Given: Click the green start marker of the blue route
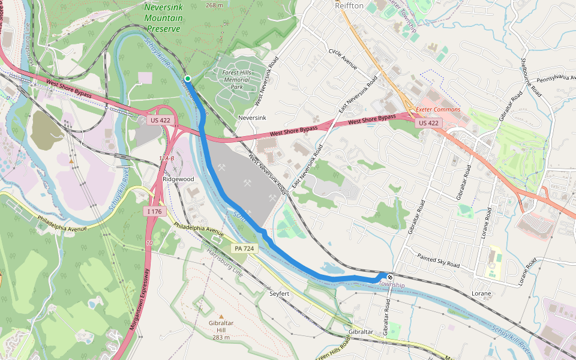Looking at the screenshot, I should pos(188,79).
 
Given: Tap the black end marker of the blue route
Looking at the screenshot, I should pos(389,277).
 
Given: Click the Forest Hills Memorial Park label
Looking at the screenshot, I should pos(236,80).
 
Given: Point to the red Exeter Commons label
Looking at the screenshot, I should pos(438,109).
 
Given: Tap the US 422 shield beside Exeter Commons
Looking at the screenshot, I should pos(430,123).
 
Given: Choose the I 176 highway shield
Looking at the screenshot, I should pos(154,211).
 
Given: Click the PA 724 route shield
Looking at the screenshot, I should pos(244,248).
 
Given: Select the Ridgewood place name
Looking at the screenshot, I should pos(178,179).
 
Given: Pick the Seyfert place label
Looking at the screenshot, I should pos(280,293).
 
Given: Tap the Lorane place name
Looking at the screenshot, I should pos(481,293).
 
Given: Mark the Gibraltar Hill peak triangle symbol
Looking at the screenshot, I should pos(221,316).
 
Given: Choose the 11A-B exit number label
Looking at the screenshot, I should pos(167,158).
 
